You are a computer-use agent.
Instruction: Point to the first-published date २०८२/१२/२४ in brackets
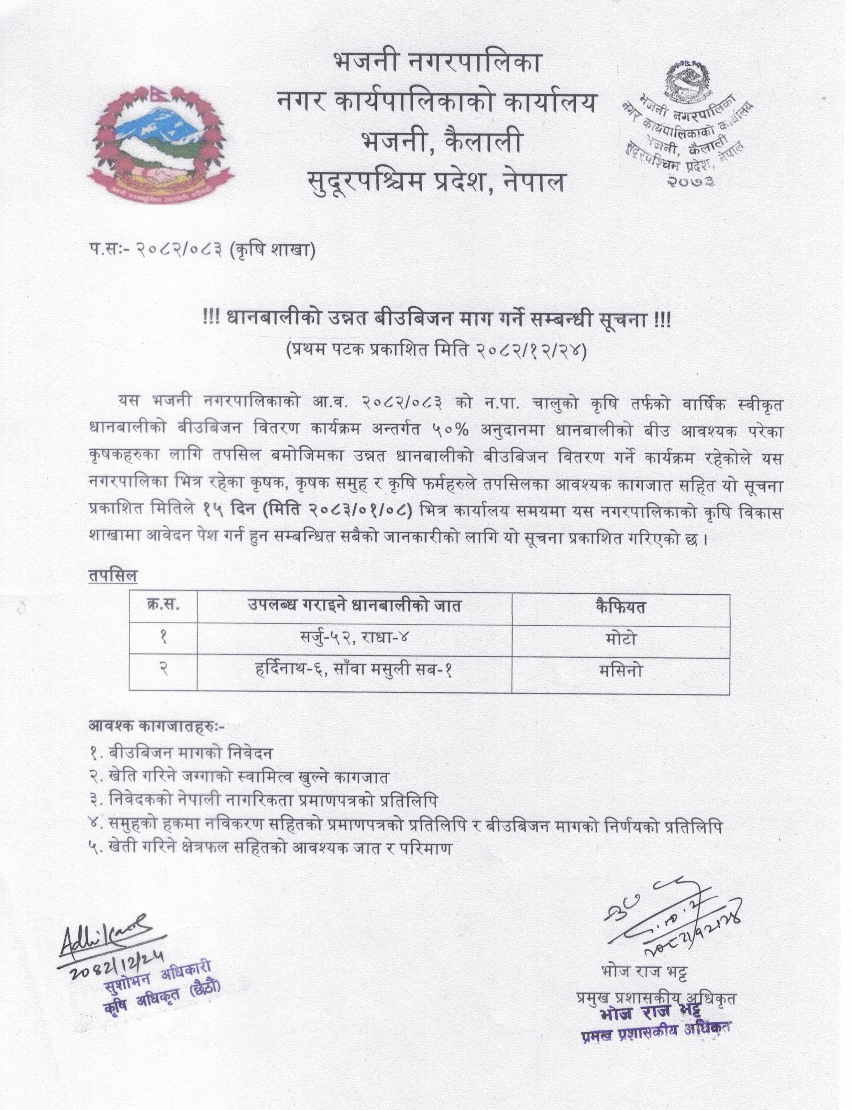point(530,351)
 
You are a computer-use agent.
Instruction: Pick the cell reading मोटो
point(621,638)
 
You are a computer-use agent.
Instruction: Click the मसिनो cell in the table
point(621,671)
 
